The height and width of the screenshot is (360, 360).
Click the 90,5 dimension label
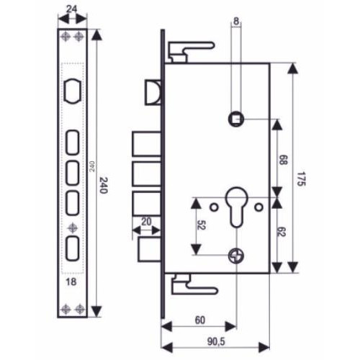click(x=216, y=342)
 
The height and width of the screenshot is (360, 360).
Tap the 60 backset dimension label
click(x=200, y=320)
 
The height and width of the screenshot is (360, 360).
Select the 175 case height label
click(x=300, y=179)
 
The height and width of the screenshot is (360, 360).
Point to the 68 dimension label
click(x=283, y=160)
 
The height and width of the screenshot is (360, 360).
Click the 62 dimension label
click(x=281, y=232)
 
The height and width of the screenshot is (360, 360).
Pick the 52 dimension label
click(x=201, y=225)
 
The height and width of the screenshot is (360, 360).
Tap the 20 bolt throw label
click(x=146, y=222)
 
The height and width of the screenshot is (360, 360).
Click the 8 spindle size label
click(x=236, y=22)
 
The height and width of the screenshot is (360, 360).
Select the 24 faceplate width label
click(x=71, y=9)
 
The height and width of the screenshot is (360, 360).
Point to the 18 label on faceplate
click(x=71, y=282)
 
